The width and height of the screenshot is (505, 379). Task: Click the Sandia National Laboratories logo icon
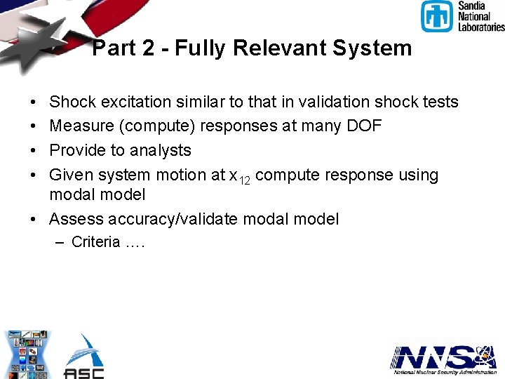[437, 16]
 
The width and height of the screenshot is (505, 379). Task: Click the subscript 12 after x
[244, 180]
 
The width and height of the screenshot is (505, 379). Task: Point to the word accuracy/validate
[188, 219]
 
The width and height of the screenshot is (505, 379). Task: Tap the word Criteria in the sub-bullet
[95, 243]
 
